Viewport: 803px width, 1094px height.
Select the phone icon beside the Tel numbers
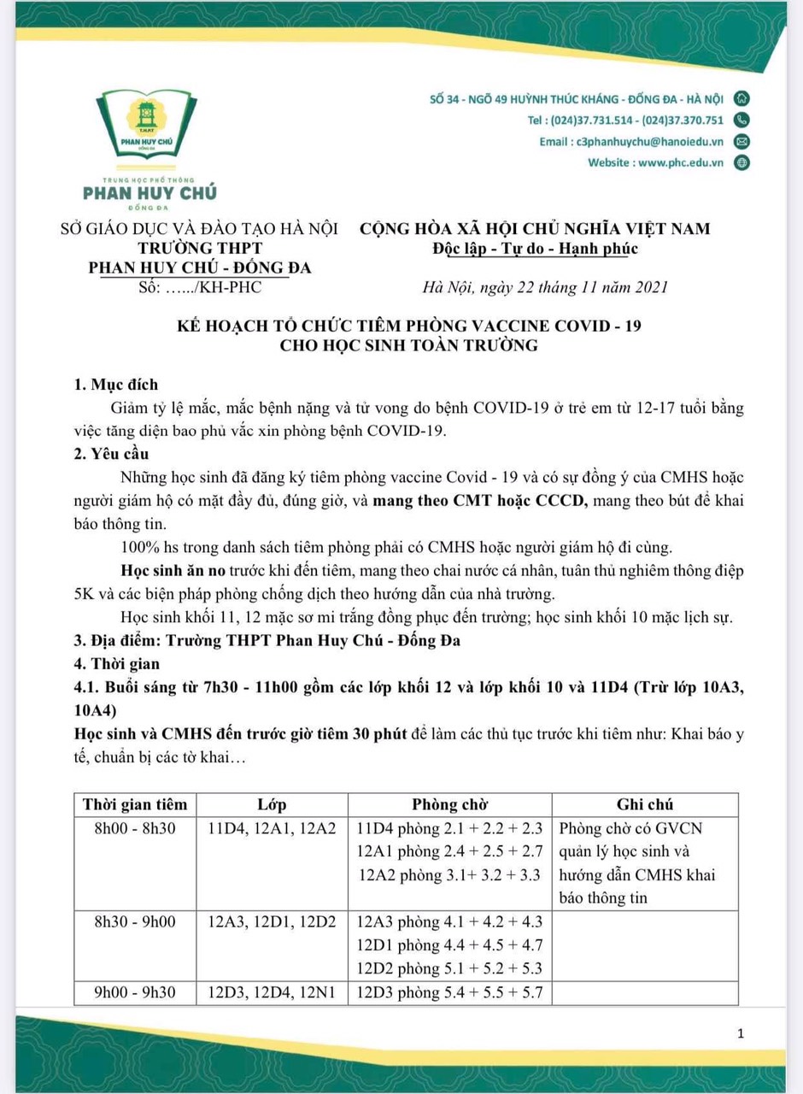[741, 121]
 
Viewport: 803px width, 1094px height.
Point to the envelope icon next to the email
[741, 142]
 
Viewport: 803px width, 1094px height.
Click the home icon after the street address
[741, 98]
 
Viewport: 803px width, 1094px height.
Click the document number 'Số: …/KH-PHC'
[200, 287]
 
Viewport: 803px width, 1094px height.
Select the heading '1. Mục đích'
[116, 385]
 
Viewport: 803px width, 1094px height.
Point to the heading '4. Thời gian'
[118, 663]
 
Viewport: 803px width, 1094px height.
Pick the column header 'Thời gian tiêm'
[135, 805]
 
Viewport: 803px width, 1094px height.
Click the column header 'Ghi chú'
[645, 805]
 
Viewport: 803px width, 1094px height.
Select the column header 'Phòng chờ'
[449, 805]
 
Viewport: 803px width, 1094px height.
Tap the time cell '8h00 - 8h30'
[135, 829]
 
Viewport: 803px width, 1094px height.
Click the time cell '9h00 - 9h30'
[135, 993]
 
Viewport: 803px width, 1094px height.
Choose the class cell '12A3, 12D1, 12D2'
[273, 923]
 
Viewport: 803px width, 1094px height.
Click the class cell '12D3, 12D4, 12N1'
[273, 993]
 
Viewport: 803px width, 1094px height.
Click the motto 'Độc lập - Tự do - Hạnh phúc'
[535, 249]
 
